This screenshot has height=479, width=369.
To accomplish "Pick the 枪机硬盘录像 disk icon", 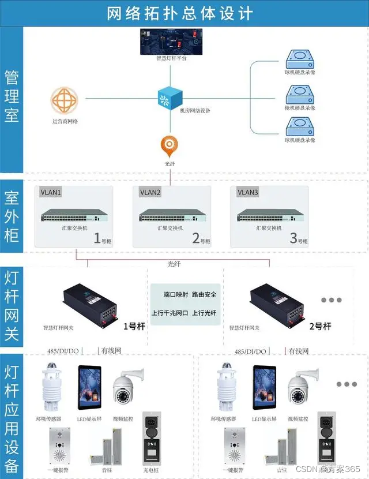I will (299, 92).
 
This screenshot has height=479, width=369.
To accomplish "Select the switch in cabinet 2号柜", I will (171, 216).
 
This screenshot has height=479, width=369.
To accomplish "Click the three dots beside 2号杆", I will (332, 301).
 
